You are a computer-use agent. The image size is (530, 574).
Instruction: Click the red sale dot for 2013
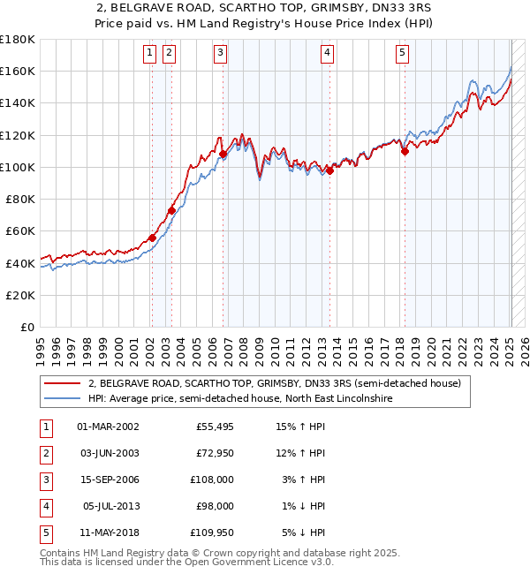point(329,170)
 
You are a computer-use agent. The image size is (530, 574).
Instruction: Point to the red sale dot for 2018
point(405,151)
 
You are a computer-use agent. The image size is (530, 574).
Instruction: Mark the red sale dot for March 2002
point(152,238)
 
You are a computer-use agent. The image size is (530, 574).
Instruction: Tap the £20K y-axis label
point(20,295)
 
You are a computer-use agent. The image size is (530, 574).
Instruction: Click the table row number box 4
point(44,506)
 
